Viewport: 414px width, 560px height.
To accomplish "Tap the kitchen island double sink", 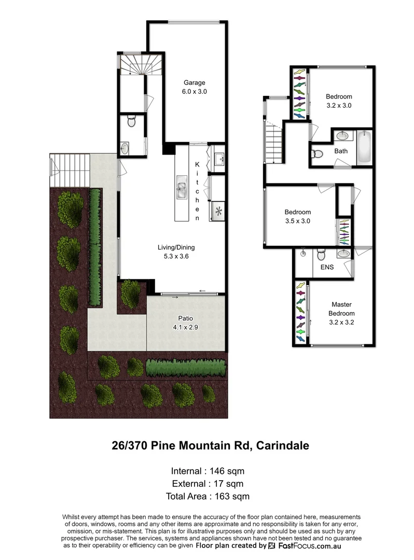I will pos(182,188).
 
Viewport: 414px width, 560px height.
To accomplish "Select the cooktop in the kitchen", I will pos(218,211).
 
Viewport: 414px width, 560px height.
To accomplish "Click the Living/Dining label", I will pos(176,247).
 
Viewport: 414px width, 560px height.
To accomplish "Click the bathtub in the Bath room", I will pos(365,147).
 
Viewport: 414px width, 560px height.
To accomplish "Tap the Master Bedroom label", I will pos(341,310).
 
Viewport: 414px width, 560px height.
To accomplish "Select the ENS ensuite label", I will pos(327,267).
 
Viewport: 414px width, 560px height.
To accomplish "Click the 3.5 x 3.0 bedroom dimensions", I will pos(297,220).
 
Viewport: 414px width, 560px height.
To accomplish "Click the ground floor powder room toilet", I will pos(131,122).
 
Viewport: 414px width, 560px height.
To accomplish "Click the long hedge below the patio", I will pos(186,368).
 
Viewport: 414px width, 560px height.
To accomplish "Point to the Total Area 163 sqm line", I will pos(207,496).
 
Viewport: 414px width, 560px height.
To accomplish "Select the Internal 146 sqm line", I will pos(207,471).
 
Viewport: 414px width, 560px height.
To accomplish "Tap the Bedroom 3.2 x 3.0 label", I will pos(339,101).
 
